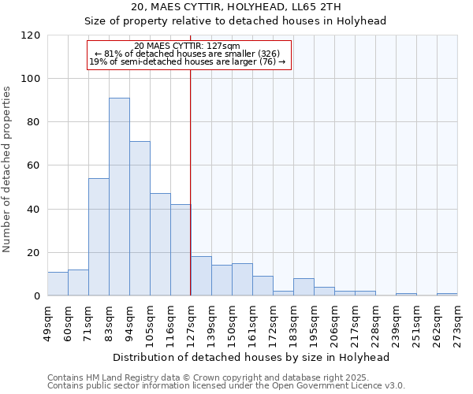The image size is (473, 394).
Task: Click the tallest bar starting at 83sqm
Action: (x=119, y=197)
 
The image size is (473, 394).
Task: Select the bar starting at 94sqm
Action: (x=140, y=218)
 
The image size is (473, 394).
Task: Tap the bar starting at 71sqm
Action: (x=99, y=236)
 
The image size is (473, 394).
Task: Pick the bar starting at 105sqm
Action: (x=160, y=244)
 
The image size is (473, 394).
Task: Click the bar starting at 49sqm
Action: (x=58, y=284)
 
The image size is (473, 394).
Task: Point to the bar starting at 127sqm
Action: (x=201, y=276)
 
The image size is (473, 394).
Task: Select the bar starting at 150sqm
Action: (x=242, y=280)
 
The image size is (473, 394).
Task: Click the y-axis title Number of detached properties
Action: (x=8, y=169)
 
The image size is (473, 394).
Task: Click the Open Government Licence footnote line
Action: (x=226, y=385)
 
